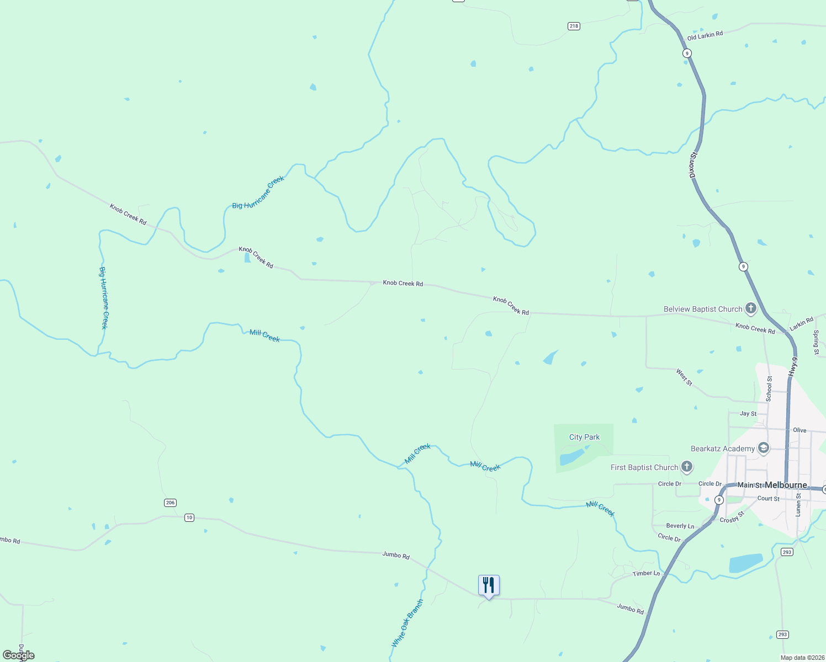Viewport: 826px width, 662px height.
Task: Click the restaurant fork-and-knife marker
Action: click(x=489, y=585)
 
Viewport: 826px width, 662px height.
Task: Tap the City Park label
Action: click(x=584, y=437)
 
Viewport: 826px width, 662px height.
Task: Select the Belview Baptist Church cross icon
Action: click(x=750, y=308)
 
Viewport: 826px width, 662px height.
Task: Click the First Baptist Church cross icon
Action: click(x=686, y=467)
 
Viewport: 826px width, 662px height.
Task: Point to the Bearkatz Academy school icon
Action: click(x=763, y=448)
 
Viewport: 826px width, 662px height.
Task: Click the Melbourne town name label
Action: click(x=786, y=485)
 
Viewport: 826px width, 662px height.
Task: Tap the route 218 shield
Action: click(x=574, y=26)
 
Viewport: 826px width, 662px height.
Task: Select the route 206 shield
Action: click(x=170, y=503)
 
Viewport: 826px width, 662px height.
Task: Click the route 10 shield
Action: click(x=189, y=517)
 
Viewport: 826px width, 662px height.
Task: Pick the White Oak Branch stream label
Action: click(x=407, y=623)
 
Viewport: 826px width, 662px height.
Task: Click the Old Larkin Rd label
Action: click(x=705, y=36)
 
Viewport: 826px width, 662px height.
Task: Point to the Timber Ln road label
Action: click(x=646, y=574)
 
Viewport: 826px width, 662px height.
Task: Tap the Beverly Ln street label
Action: click(x=680, y=526)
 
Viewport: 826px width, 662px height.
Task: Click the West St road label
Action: click(x=684, y=377)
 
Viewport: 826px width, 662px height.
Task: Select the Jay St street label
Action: click(x=748, y=413)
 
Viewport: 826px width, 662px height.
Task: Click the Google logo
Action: click(x=19, y=655)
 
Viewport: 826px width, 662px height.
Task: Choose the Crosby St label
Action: click(x=732, y=517)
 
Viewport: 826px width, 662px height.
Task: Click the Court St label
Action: click(x=768, y=499)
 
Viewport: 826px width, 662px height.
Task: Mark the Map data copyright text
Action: click(x=802, y=658)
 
